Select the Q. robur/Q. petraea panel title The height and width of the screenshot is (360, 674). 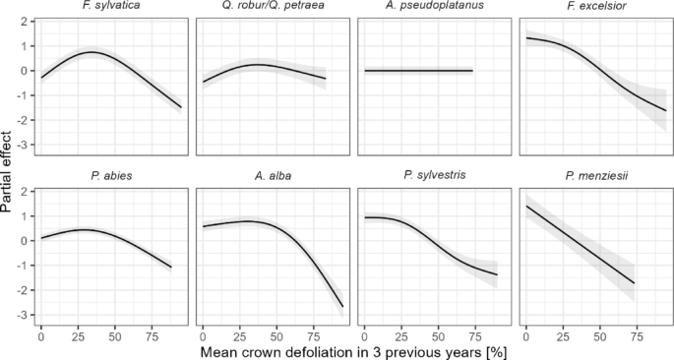pos(271,8)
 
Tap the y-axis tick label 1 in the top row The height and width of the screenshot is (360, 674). pos(26,45)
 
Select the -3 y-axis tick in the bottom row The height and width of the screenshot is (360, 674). pos(24,315)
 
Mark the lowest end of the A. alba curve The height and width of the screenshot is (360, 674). pos(342,307)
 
